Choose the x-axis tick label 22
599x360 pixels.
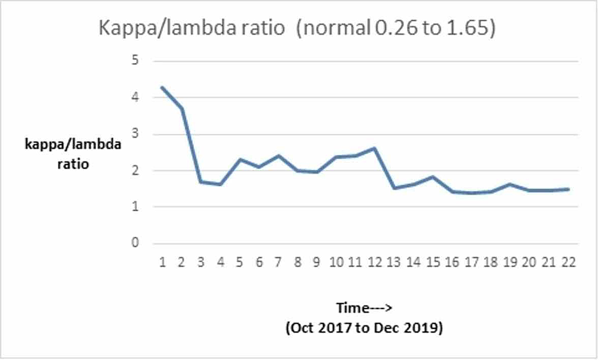(x=569, y=262)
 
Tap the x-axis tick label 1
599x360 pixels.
(x=163, y=262)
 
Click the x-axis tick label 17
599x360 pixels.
(x=473, y=262)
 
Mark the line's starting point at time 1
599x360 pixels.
(x=163, y=87)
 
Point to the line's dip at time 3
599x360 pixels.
(x=201, y=182)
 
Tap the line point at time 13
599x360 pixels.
(x=395, y=188)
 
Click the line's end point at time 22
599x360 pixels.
(x=569, y=189)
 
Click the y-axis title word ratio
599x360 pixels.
(x=72, y=164)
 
